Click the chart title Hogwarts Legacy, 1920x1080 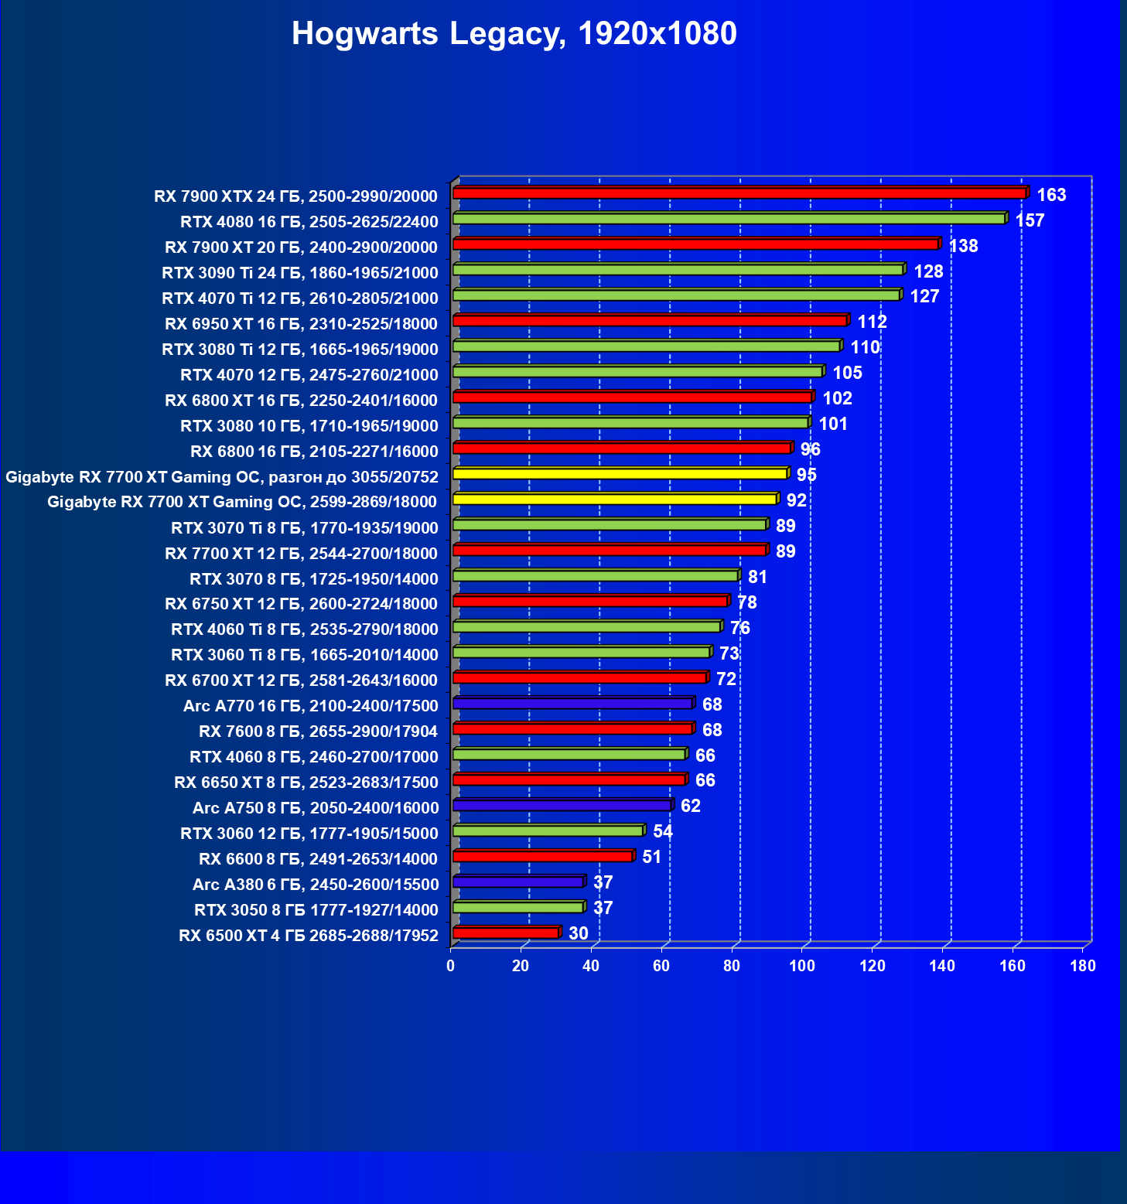tap(514, 34)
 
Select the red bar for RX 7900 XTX tap(739, 193)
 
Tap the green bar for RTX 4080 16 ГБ tap(728, 219)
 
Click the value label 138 tap(963, 246)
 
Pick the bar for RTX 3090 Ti tap(678, 270)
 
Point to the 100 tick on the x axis tap(802, 966)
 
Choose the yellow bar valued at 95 tap(620, 474)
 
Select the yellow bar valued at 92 tap(614, 500)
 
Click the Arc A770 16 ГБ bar tap(572, 704)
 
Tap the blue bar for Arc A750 tap(562, 806)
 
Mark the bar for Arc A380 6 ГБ tap(517, 882)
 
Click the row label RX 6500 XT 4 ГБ tap(309, 936)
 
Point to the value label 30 tap(579, 933)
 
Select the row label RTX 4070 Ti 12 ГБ tap(300, 298)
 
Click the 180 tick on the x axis tap(1083, 966)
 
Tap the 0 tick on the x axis tap(451, 966)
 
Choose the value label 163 tap(1051, 195)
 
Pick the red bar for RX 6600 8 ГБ tap(542, 857)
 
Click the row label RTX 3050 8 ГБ tap(316, 910)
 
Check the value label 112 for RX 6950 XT tap(872, 322)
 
